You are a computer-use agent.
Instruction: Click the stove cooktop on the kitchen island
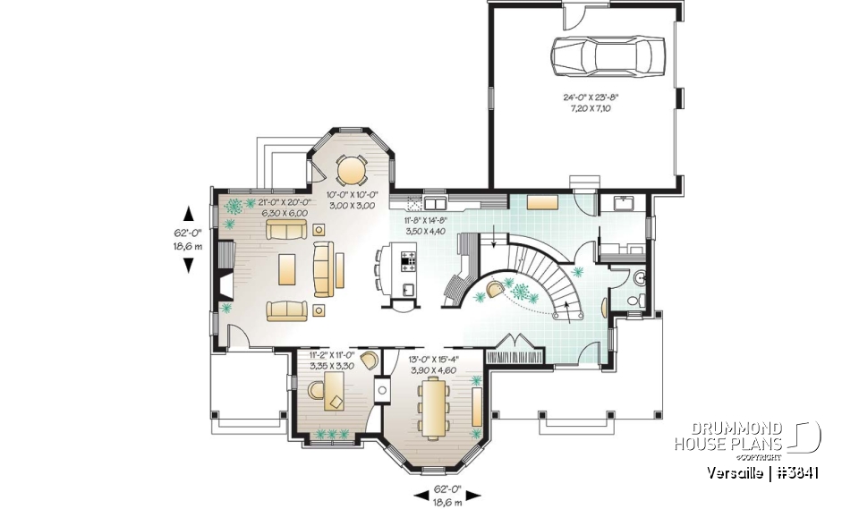(x=409, y=261)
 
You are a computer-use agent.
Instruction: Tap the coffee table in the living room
(x=288, y=267)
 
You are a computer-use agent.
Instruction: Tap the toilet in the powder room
(x=634, y=301)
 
